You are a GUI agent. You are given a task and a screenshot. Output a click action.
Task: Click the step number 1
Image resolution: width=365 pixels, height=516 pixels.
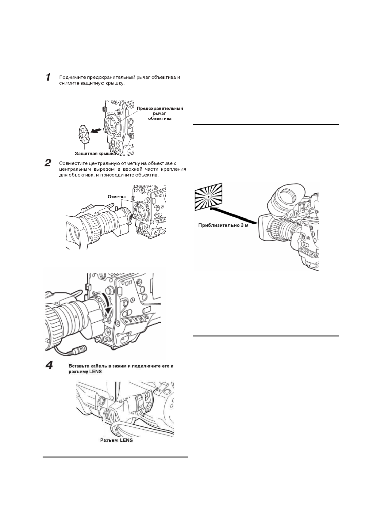coord(48,77)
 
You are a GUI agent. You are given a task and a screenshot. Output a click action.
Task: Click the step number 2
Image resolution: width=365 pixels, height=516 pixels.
coord(48,163)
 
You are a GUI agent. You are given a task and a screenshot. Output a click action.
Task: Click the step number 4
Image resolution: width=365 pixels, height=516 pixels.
coord(49,365)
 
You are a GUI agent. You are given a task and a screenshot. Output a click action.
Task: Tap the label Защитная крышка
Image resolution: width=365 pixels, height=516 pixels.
coord(95,153)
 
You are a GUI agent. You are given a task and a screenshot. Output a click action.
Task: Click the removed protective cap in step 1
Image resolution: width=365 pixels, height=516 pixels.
coord(84,134)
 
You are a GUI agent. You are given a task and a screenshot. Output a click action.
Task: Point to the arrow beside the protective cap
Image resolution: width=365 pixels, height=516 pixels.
coord(96,131)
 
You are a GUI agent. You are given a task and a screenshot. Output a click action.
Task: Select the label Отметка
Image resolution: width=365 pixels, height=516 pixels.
coord(117,197)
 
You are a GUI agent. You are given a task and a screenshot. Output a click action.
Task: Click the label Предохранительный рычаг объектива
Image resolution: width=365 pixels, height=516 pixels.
coord(160,113)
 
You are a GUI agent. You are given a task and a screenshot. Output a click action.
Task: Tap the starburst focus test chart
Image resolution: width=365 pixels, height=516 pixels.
coord(208,196)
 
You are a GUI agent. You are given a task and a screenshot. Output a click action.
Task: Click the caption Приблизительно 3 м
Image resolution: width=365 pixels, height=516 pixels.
coord(223,225)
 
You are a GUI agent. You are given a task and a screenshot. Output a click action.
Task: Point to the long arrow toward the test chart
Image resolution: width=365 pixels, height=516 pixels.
coord(234,215)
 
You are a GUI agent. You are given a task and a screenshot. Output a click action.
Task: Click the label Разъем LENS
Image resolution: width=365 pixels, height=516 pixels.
coord(117,440)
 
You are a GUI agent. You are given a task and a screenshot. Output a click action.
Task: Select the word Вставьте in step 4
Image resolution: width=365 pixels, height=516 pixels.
coord(78,366)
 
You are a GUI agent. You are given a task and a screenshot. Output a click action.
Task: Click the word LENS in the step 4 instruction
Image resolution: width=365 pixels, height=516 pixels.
coord(96,372)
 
